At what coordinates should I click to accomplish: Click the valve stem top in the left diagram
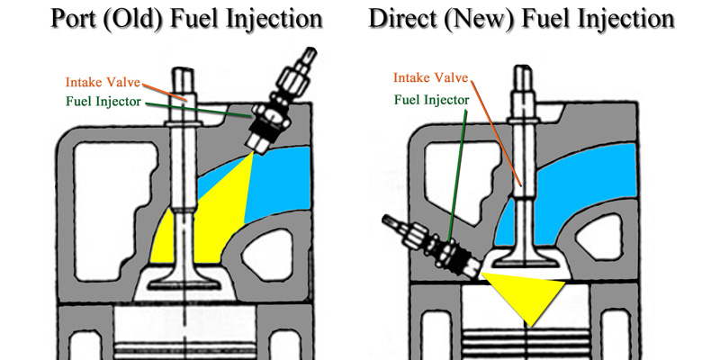(186, 76)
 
